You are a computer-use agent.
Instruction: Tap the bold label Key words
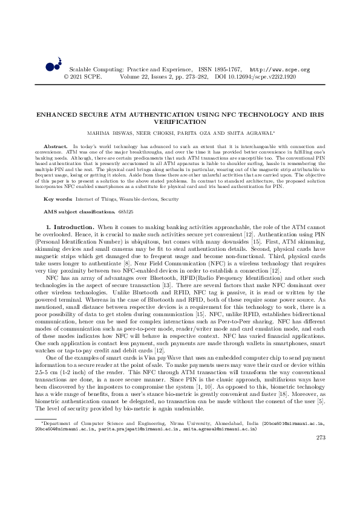[59, 181]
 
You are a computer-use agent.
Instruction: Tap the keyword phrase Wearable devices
[139, 181]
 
